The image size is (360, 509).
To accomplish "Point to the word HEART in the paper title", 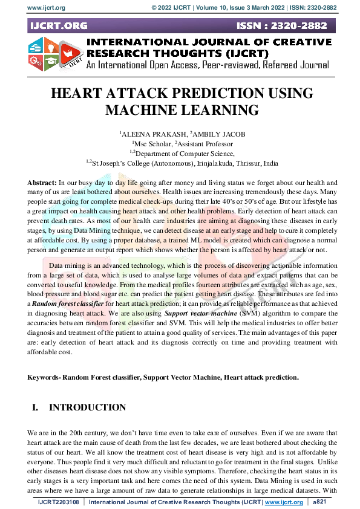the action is coord(76,94).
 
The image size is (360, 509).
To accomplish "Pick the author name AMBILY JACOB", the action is coord(207,133).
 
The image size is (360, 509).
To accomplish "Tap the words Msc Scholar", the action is coord(152,143).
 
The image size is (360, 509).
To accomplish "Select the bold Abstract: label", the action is coord(42,182).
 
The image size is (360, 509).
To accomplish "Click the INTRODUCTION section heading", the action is coord(87,407).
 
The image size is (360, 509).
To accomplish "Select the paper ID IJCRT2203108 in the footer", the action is coord(61,502).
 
